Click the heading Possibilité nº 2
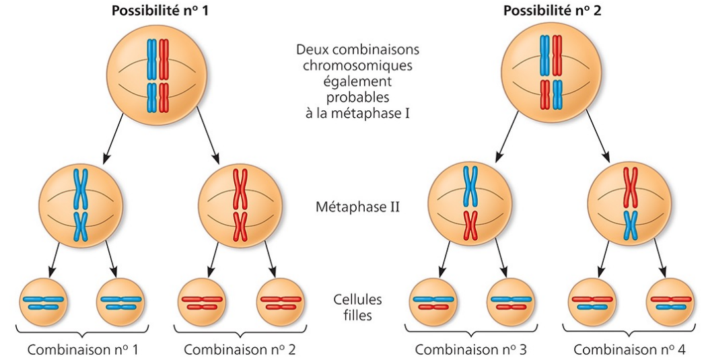coord(549,12)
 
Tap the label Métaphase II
coord(357,206)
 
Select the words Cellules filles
coord(357,306)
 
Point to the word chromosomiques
coord(357,66)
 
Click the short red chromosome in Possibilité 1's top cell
coord(164,97)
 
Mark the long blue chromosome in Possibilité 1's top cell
coord(152,59)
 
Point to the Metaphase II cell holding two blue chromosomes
coord(81,205)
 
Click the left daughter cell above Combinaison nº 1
coord(43,302)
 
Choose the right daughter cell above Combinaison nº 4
coord(670,302)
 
